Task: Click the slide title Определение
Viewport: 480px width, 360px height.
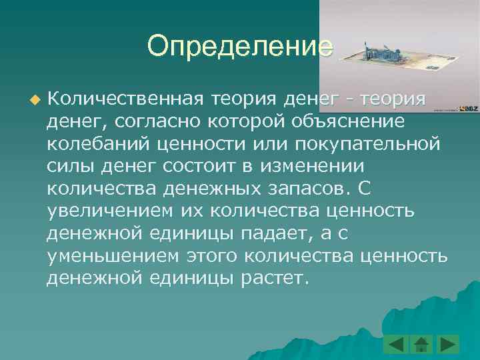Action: [x=239, y=47]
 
